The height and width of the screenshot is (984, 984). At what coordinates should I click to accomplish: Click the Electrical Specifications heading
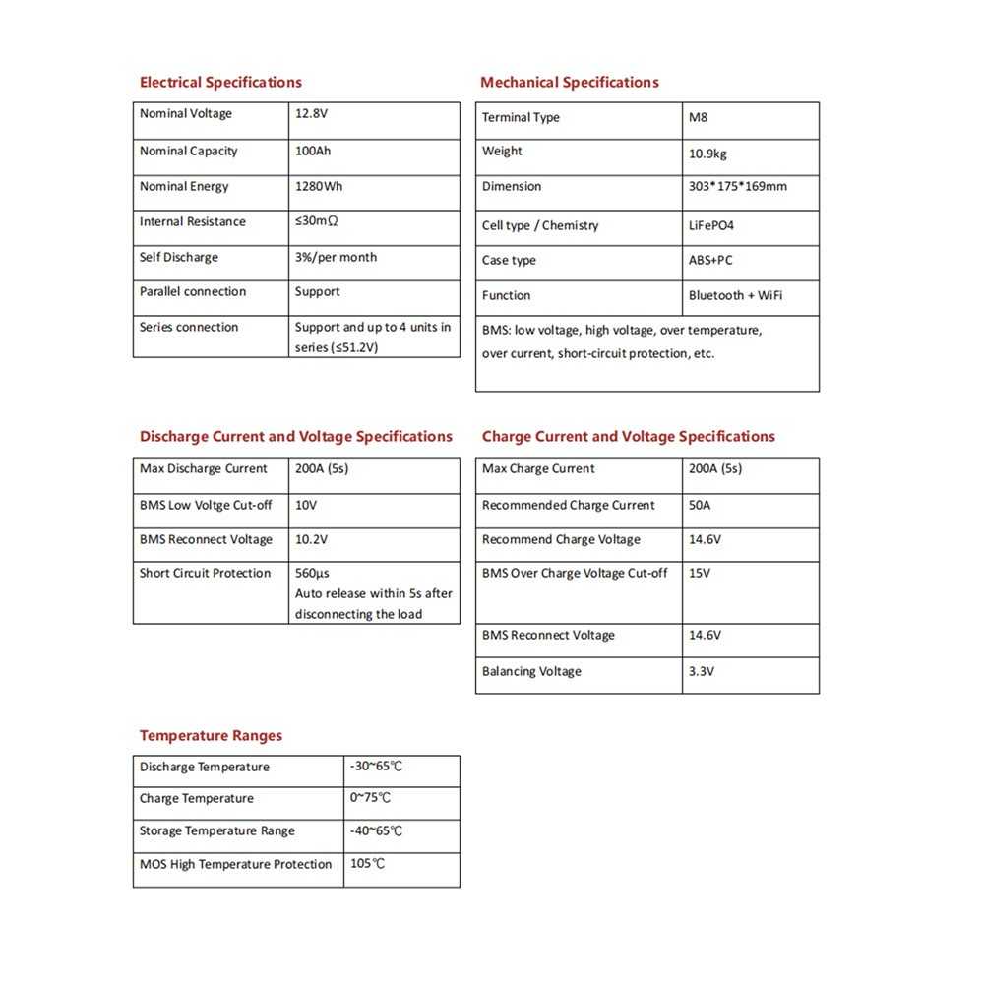pyautogui.click(x=220, y=82)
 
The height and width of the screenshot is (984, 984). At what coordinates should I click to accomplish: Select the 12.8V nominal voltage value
pyautogui.click(x=312, y=114)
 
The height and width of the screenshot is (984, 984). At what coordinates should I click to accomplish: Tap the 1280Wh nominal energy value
pyautogui.click(x=319, y=187)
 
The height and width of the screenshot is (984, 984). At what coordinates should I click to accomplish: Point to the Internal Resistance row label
pyautogui.click(x=193, y=222)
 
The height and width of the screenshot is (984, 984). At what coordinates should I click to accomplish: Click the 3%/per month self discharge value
pyautogui.click(x=336, y=258)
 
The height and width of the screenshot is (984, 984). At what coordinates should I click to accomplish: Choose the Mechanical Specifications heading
pyautogui.click(x=570, y=82)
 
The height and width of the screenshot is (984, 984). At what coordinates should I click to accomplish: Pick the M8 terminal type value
pyautogui.click(x=698, y=118)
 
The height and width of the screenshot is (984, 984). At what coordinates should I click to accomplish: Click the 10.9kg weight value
pyautogui.click(x=708, y=154)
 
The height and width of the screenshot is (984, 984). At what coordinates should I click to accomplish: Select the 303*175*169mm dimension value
pyautogui.click(x=738, y=187)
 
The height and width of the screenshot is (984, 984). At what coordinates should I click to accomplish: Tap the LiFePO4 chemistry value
pyautogui.click(x=711, y=226)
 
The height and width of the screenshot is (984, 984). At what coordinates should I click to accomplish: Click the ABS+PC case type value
pyautogui.click(x=710, y=261)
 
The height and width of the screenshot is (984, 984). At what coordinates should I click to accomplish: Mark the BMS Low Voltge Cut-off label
pyautogui.click(x=206, y=506)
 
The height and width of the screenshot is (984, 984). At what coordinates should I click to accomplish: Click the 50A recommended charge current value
pyautogui.click(x=701, y=506)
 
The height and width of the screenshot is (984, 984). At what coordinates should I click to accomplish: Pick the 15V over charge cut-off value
pyautogui.click(x=700, y=574)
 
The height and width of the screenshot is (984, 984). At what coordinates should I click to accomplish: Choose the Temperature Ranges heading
pyautogui.click(x=211, y=736)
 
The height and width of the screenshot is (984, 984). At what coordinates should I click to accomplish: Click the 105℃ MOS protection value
pyautogui.click(x=367, y=865)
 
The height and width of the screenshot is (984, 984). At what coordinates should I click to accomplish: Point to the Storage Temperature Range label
pyautogui.click(x=217, y=831)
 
